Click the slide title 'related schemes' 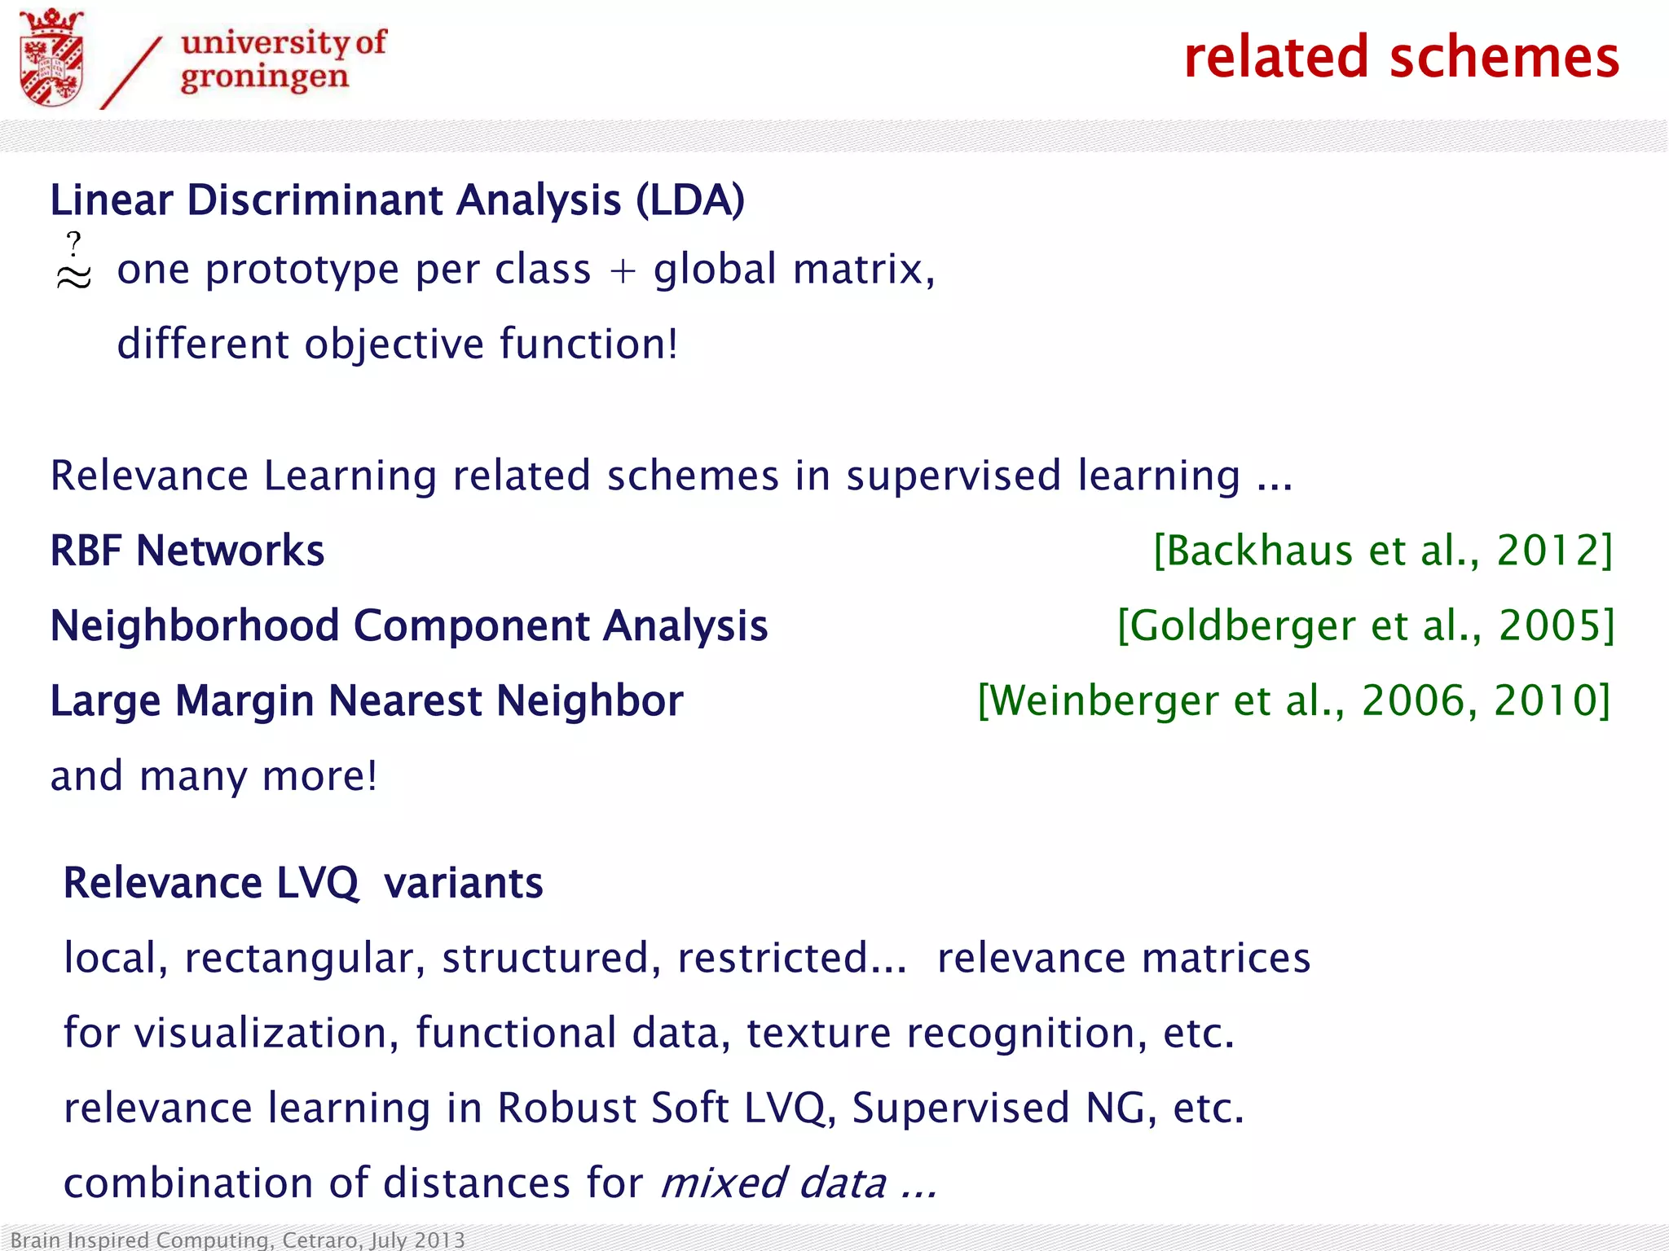(x=1401, y=58)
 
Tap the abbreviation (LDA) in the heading (x=690, y=200)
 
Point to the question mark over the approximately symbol (x=74, y=244)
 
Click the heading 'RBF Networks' (x=187, y=551)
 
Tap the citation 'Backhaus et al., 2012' (x=1383, y=551)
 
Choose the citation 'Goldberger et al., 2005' (x=1365, y=625)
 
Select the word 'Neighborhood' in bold (x=195, y=625)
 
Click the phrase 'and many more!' (x=214, y=775)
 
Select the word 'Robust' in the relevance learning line (x=567, y=1108)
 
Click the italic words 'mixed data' (x=773, y=1183)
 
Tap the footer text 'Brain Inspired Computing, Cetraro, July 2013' (x=237, y=1240)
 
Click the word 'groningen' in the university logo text (x=264, y=78)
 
